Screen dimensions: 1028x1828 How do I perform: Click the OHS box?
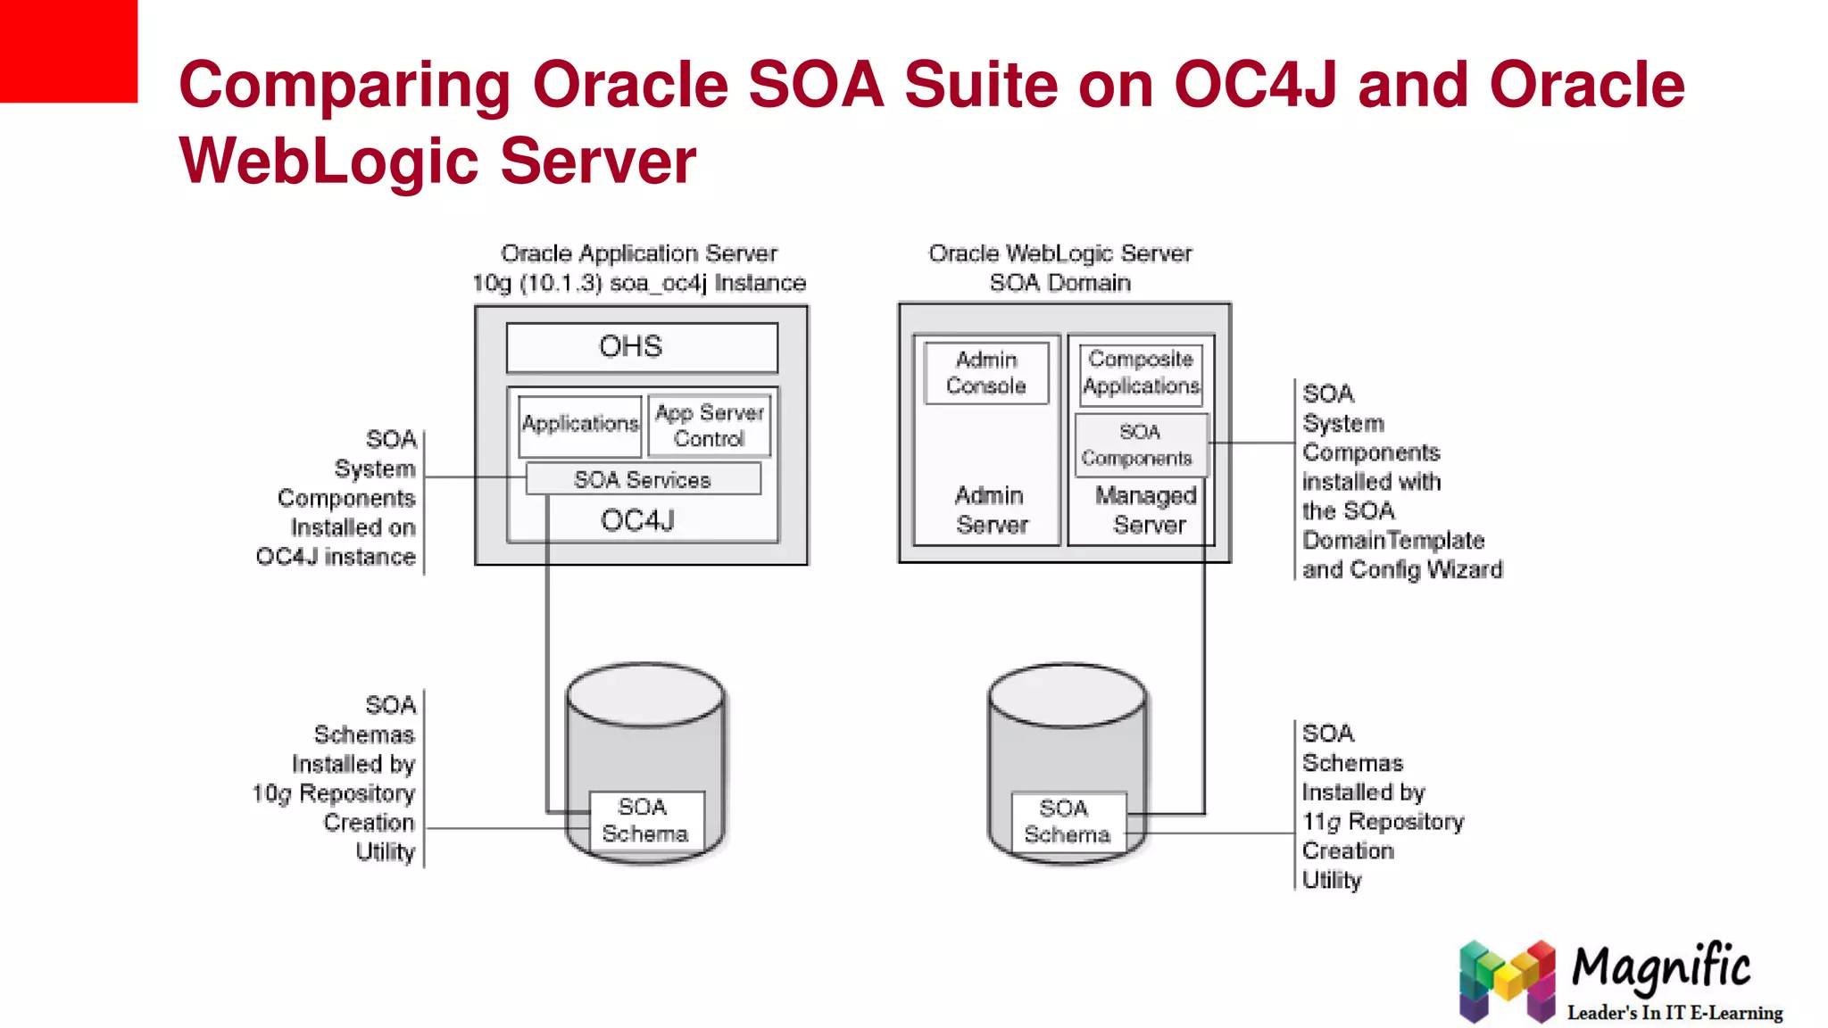pos(641,347)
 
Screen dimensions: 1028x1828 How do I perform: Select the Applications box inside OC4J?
pos(580,425)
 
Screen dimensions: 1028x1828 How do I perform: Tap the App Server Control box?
pos(710,426)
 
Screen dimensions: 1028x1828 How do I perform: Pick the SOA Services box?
pos(643,479)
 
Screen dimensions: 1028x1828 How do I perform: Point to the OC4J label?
pos(637,520)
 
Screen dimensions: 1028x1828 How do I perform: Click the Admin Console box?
pos(986,373)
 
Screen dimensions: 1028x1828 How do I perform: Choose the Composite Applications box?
pos(1141,373)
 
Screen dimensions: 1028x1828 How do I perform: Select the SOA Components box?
pos(1140,444)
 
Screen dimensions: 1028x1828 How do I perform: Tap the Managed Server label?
pos(1148,510)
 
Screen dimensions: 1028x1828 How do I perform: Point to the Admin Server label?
pos(990,510)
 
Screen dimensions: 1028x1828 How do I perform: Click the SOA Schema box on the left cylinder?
pos(645,820)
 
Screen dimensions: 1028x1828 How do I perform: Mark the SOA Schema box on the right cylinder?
pos(1068,821)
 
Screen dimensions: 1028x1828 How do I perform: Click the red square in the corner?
pos(68,50)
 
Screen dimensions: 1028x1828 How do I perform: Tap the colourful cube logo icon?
pos(1506,981)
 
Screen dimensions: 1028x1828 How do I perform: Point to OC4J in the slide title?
pos(1255,85)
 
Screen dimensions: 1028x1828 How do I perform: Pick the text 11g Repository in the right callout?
pos(1383,822)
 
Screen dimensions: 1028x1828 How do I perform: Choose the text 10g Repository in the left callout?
pos(333,793)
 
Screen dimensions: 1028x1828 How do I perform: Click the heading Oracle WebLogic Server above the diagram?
pos(1059,253)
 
